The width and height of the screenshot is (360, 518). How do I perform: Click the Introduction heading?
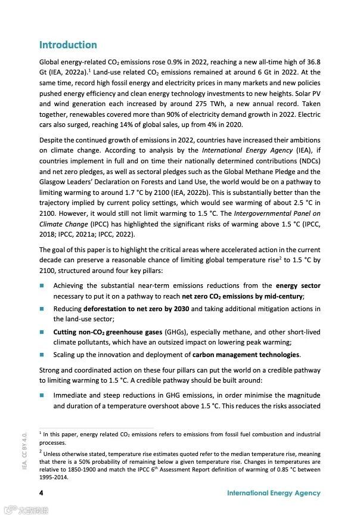(68, 45)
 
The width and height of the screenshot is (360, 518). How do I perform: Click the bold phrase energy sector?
(298, 286)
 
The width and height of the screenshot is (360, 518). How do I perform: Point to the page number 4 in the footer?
(41, 493)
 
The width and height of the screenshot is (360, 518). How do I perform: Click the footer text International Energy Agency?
(274, 493)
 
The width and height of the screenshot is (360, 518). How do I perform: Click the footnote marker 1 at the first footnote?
(40, 433)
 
